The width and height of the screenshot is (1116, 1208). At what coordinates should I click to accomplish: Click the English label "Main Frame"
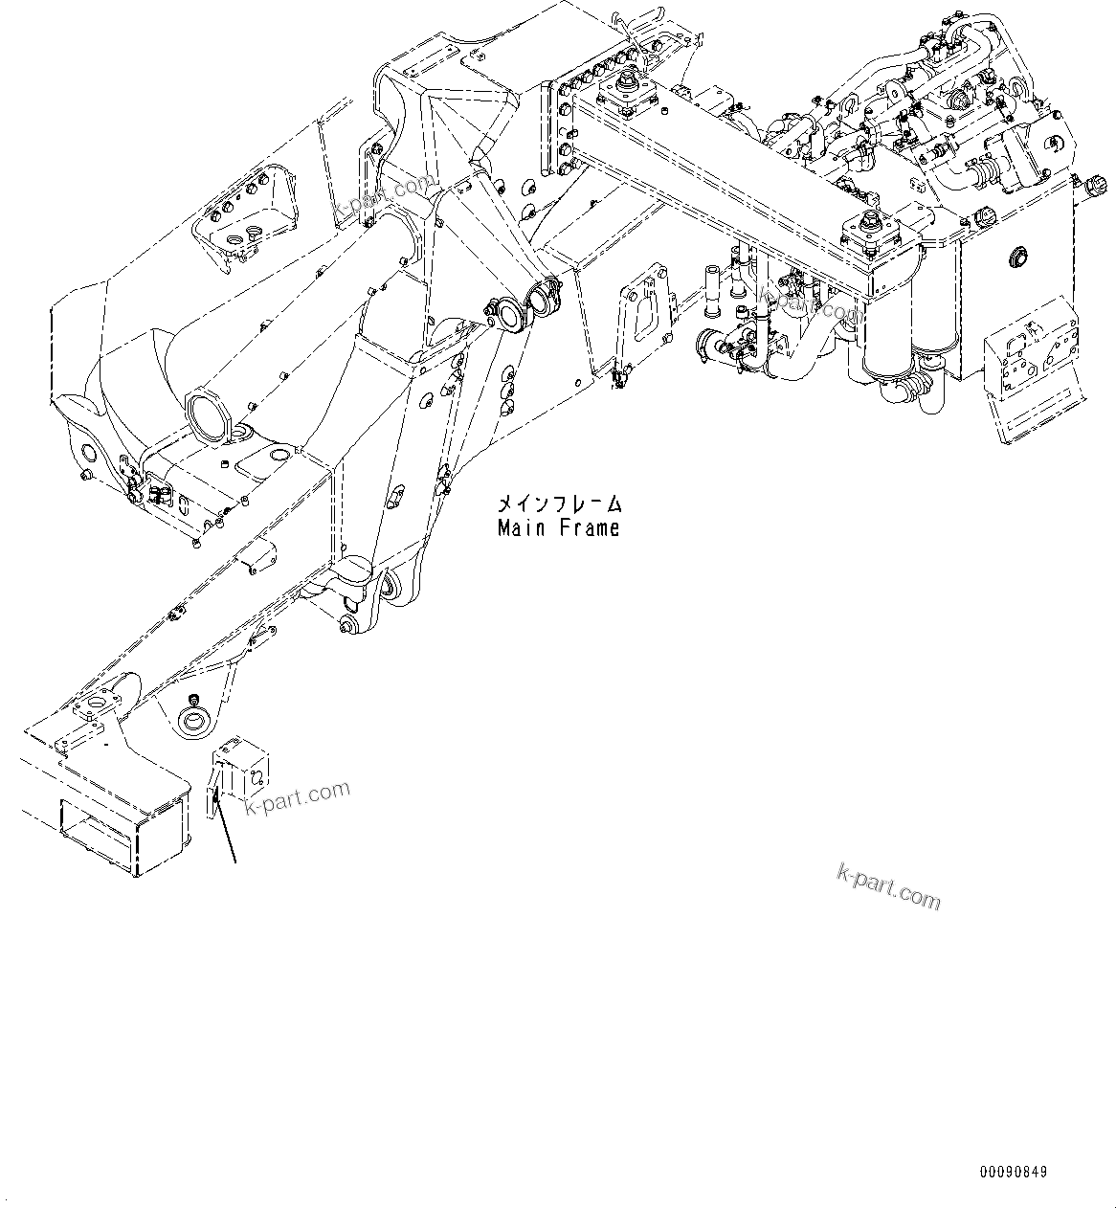click(558, 527)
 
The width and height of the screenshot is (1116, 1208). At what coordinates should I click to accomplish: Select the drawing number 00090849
click(1013, 1172)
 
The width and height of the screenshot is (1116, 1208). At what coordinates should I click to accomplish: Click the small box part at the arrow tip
click(242, 766)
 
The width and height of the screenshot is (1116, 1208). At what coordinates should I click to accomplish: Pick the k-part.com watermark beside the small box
click(297, 798)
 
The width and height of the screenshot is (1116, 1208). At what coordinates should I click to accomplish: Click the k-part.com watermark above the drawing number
click(888, 885)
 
